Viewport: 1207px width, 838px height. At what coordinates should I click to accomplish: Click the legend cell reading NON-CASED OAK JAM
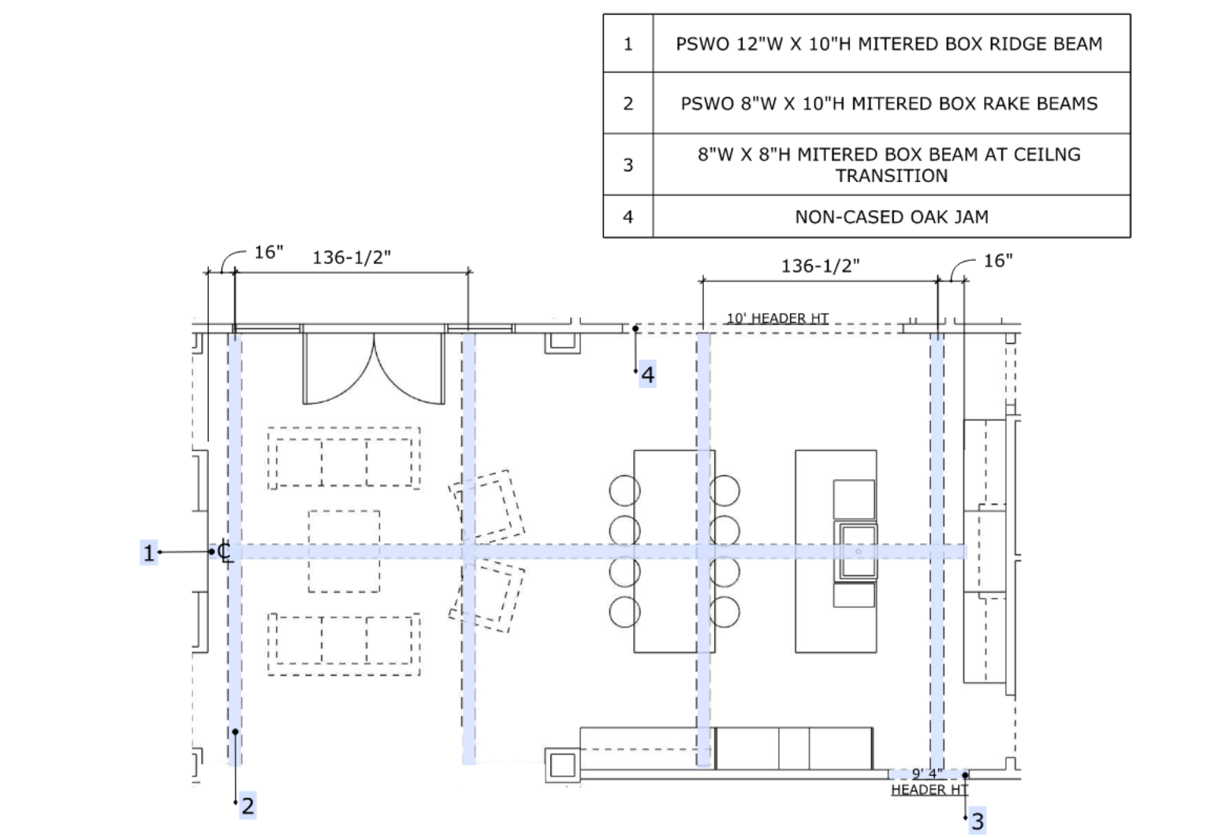(891, 217)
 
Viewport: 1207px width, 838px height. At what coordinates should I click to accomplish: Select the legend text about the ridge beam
(889, 43)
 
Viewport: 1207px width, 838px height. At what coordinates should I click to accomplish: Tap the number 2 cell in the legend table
(628, 103)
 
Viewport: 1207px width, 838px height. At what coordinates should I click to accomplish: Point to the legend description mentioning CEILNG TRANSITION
(889, 165)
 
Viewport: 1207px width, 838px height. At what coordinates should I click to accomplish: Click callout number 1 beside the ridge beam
(149, 553)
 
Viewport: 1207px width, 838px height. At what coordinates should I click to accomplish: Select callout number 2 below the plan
(248, 806)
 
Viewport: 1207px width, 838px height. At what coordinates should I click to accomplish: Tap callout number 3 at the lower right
(978, 821)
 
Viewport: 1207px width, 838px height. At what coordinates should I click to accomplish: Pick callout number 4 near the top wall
(648, 374)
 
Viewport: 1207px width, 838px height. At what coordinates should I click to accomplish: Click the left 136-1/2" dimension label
(352, 258)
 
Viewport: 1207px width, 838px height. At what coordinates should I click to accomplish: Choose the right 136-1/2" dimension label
(820, 266)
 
